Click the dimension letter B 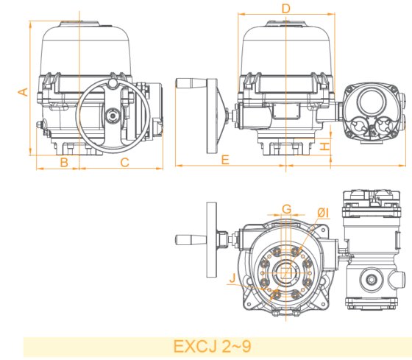point(65,162)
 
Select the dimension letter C point(124,162)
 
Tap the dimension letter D point(286,8)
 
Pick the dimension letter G point(287,210)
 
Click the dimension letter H point(324,146)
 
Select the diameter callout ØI point(322,213)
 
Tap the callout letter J point(232,278)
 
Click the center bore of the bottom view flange point(286,270)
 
